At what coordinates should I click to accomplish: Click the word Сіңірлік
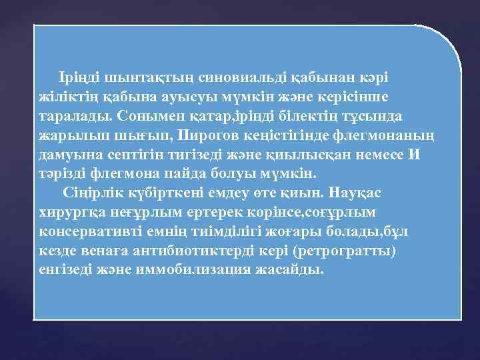pyautogui.click(x=89, y=193)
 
